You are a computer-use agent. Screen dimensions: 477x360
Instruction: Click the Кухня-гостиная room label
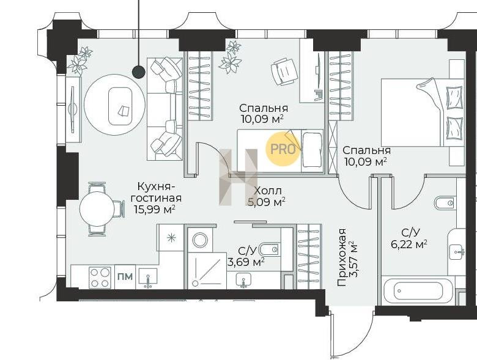tap(156, 192)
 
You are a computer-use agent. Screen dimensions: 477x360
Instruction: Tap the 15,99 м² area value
tap(155, 209)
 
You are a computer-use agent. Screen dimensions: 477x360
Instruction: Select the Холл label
tap(268, 191)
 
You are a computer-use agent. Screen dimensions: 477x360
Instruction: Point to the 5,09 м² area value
tap(267, 202)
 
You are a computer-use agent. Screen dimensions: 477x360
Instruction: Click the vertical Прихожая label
tap(342, 257)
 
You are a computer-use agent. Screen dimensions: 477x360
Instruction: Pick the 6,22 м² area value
tap(409, 244)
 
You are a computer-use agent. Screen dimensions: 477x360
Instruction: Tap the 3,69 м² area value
tap(246, 261)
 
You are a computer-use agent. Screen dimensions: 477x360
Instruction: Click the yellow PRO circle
tap(283, 149)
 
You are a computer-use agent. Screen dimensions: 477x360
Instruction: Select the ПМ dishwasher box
tap(125, 277)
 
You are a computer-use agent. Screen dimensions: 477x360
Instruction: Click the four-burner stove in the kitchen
tap(100, 277)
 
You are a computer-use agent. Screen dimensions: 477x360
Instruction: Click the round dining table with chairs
tap(97, 209)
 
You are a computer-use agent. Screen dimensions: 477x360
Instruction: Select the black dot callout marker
tap(139, 72)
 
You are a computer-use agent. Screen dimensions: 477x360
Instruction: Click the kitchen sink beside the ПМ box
tap(148, 277)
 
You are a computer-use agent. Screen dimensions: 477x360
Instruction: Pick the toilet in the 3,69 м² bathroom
tap(269, 249)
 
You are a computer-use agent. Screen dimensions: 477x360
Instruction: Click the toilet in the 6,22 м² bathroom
tap(445, 203)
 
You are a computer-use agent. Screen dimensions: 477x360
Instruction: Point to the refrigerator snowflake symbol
tap(172, 238)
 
